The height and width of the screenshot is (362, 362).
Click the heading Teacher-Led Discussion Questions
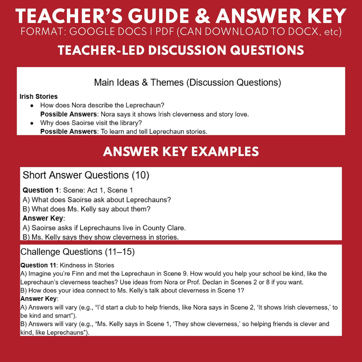181,50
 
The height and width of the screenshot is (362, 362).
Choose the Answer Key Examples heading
181,152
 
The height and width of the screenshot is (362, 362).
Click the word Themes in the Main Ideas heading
167,82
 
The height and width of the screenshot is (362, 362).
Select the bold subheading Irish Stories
39,96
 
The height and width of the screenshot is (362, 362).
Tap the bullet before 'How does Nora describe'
32,106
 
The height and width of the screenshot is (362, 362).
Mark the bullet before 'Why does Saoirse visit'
32,123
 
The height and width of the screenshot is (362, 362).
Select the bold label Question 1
40,190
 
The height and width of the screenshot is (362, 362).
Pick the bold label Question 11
38,265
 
